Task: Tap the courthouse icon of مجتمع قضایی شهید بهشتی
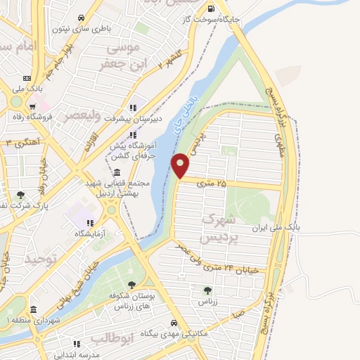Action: (x=116, y=172)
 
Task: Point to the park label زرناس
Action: (x=207, y=301)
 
